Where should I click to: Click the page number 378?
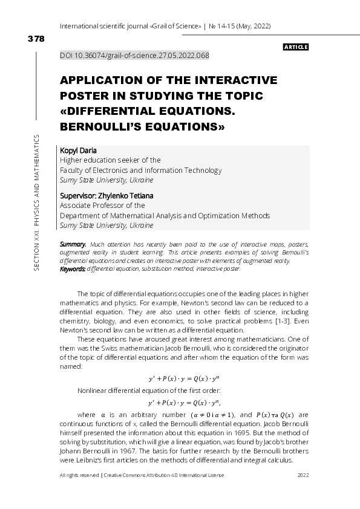(36, 39)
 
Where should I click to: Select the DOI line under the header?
(134, 56)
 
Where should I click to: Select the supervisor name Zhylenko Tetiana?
(128, 195)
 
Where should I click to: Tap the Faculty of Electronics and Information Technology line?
(141, 170)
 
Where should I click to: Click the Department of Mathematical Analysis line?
(165, 215)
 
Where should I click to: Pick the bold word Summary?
(73, 244)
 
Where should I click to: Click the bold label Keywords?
(73, 268)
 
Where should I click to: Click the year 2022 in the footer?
(304, 476)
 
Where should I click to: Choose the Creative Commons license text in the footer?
(164, 476)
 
